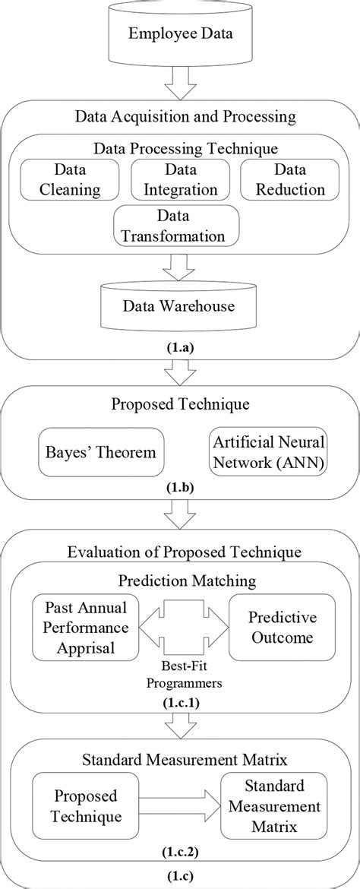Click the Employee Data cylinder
[x=180, y=34]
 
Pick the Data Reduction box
[x=289, y=179]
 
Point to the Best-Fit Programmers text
[x=181, y=672]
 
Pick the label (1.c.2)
[x=181, y=853]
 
